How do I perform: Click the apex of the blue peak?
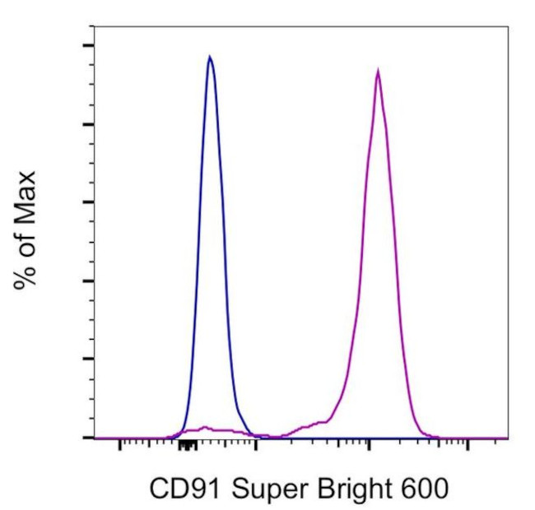pos(210,57)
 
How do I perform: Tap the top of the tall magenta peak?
pos(377,71)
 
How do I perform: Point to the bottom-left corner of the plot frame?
pos(95,438)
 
